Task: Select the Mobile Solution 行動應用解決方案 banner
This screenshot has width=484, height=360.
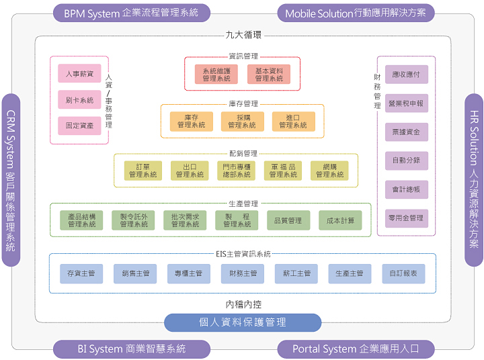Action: point(356,13)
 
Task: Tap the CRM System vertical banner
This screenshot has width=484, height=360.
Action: point(10,180)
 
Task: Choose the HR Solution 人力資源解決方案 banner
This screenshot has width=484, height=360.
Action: point(474,180)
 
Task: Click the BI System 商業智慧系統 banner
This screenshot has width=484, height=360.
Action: point(131,349)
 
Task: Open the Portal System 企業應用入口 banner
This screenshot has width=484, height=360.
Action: point(356,349)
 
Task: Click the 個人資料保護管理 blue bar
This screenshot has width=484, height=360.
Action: point(243,322)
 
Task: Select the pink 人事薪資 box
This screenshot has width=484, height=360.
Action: point(79,73)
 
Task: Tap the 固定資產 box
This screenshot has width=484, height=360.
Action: point(79,125)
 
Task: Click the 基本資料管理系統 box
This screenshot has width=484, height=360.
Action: point(269,74)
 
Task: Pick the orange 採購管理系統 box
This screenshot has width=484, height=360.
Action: point(242,121)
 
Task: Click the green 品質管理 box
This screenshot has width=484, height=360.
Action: point(288,220)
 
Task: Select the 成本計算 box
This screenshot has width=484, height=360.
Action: point(340,220)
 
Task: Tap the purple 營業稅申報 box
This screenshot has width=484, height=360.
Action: point(406,103)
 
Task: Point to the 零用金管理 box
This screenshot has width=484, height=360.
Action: point(406,218)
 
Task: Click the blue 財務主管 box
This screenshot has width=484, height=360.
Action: point(242,273)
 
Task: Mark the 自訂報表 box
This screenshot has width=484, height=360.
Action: point(403,273)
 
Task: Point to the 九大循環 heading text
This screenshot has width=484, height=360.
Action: point(243,34)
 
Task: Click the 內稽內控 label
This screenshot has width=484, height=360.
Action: point(243,304)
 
